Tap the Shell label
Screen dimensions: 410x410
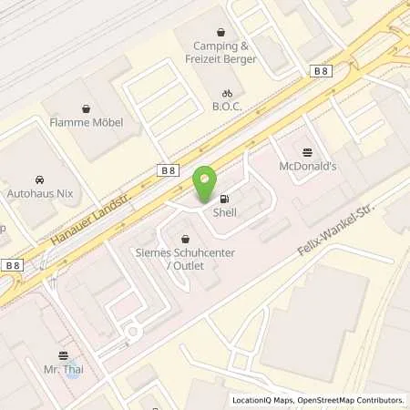pyautogui.click(x=224, y=212)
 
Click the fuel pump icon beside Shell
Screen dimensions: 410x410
pyautogui.click(x=225, y=199)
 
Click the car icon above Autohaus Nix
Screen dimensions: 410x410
pyautogui.click(x=40, y=179)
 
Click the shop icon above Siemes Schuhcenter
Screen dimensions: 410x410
pyautogui.click(x=185, y=239)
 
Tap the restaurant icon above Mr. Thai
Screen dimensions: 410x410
pyautogui.click(x=63, y=355)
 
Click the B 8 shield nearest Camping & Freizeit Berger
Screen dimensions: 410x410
pyautogui.click(x=320, y=69)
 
